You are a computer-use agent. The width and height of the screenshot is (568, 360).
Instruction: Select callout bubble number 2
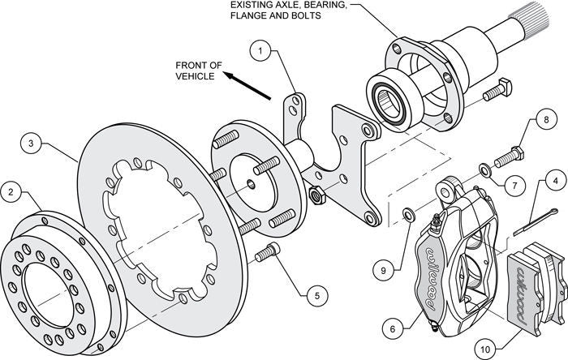[x=11, y=192]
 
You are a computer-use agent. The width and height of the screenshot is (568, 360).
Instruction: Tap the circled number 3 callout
[x=30, y=144]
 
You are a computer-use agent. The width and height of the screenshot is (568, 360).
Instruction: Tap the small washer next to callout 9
[x=408, y=215]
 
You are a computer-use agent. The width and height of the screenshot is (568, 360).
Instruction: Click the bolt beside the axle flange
[x=498, y=92]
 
